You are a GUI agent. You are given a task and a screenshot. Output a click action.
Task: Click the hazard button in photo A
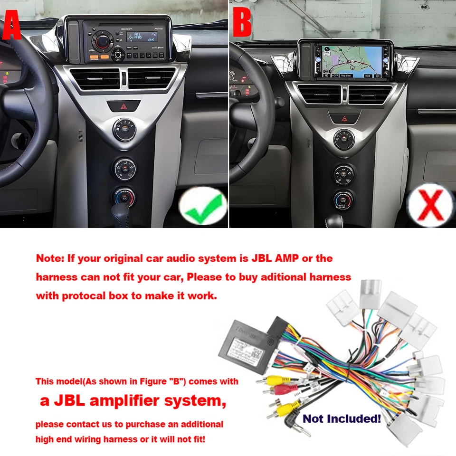(124, 105)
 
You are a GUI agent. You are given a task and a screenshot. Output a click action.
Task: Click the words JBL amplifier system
(133, 400)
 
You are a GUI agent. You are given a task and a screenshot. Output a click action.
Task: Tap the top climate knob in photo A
(124, 129)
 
